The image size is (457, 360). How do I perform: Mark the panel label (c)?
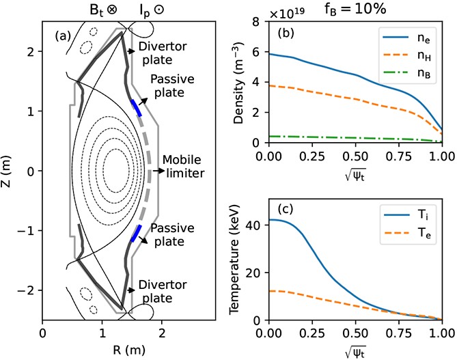[286, 210]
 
